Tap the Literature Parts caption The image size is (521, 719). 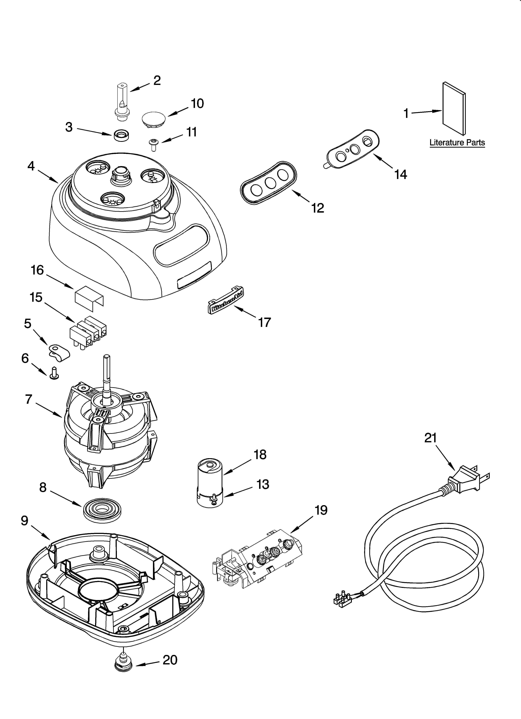pyautogui.click(x=457, y=143)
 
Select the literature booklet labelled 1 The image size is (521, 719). pyautogui.click(x=454, y=108)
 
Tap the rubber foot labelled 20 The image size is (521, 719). pyautogui.click(x=124, y=661)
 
